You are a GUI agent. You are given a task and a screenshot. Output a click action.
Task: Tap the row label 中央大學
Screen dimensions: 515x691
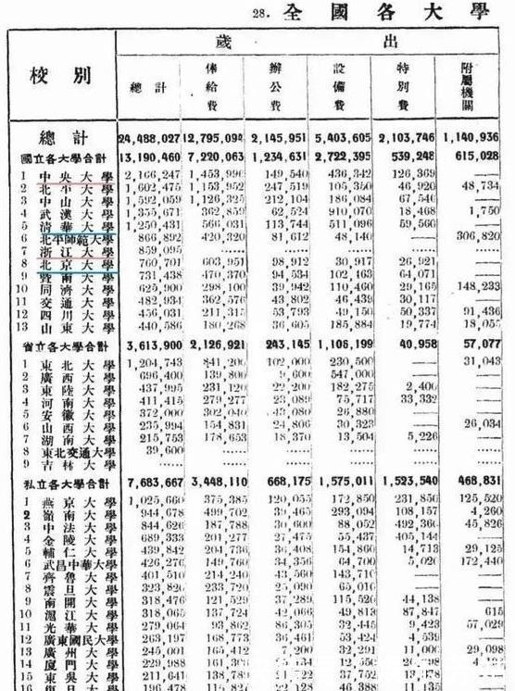coord(75,173)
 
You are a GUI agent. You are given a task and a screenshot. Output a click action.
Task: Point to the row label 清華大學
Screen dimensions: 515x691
coord(75,224)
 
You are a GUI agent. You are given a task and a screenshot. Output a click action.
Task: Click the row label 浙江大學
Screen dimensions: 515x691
coord(75,250)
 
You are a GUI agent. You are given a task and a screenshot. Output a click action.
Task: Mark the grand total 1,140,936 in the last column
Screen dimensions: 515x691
coord(477,139)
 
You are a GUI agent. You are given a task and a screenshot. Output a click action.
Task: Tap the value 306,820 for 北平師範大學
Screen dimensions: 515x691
coord(479,237)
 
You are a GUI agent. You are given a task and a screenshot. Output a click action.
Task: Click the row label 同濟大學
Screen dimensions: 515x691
coord(75,289)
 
